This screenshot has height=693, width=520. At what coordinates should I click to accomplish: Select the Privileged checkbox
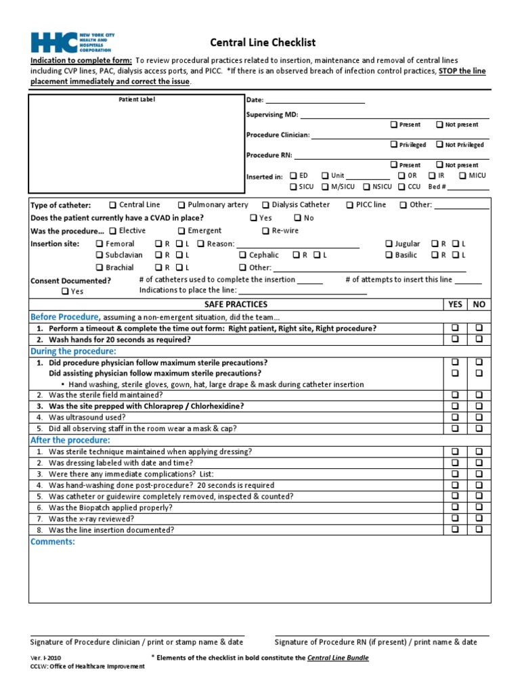394,144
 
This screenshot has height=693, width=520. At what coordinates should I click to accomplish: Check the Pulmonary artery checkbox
182,204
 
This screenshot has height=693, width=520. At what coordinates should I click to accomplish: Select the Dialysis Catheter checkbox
265,204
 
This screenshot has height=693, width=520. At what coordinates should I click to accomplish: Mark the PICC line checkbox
349,204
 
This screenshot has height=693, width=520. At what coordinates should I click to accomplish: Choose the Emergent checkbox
181,231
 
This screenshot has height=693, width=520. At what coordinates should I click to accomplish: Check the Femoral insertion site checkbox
100,244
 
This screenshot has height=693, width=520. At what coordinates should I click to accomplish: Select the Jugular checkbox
389,244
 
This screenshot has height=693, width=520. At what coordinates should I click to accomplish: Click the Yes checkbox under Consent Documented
64,292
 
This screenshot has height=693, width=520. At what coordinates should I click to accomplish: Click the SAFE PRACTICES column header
236,305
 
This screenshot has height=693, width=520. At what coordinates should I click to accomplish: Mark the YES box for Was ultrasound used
456,417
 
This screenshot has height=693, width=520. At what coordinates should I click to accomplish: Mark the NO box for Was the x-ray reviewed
479,518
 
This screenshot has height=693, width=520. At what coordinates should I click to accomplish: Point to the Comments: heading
53,542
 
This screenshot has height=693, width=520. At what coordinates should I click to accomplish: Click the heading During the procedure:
73,351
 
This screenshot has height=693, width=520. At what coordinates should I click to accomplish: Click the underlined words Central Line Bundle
338,657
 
